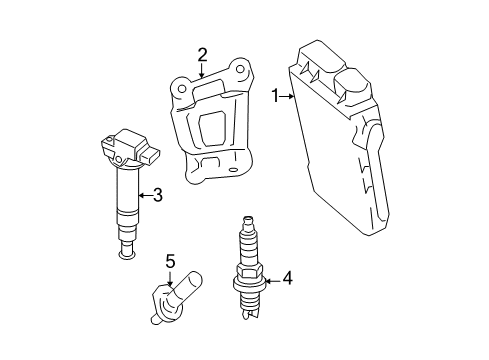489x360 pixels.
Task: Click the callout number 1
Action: (275, 96)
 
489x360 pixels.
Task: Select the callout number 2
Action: (203, 54)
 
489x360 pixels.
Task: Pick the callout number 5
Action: (170, 262)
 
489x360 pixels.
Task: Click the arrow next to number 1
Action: (287, 96)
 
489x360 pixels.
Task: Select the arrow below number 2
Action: (203, 71)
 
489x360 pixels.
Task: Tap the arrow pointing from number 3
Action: (146, 196)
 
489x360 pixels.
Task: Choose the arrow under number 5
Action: (171, 280)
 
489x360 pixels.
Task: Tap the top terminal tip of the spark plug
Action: (245, 221)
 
